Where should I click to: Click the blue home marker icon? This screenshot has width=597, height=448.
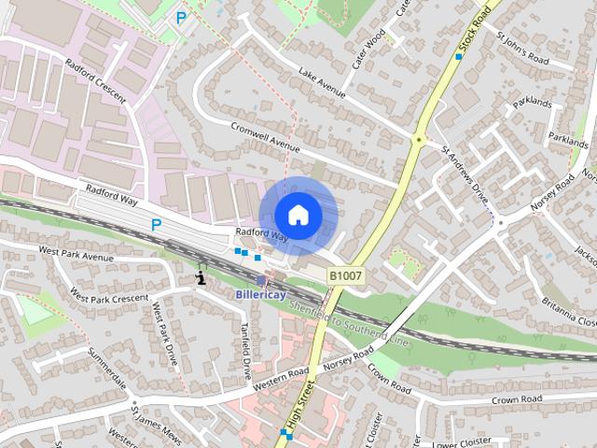pos(298,216)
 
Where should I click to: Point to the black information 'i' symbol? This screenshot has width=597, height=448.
pos(201,277)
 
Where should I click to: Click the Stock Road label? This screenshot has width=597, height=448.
pos(475,31)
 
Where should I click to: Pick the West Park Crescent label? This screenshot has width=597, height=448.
pos(109,298)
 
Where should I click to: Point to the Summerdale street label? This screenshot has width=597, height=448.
pos(107,368)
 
